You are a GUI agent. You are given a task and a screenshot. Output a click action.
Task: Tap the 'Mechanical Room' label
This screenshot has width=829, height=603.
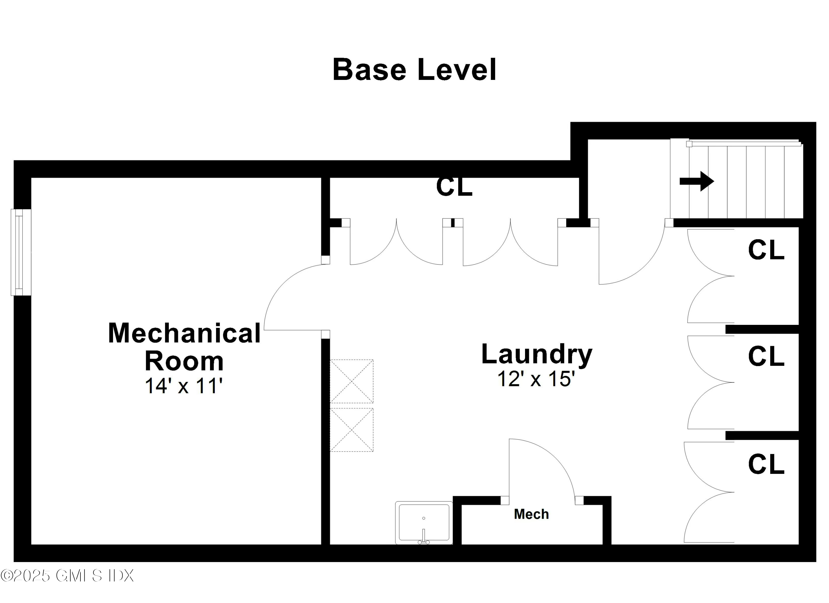click(x=184, y=347)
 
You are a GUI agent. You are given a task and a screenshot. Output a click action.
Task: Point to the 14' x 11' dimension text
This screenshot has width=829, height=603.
click(x=184, y=386)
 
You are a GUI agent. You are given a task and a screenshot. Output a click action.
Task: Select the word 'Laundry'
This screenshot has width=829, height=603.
click(x=537, y=355)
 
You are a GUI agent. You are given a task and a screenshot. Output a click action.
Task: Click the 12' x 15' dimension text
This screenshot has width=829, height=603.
click(x=536, y=379)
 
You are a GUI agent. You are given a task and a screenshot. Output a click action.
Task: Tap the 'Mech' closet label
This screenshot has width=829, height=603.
click(x=531, y=514)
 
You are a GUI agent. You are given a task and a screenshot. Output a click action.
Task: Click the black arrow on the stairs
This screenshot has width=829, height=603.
click(x=696, y=181)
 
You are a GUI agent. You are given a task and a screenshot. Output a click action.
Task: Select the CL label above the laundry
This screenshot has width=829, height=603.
click(x=454, y=187)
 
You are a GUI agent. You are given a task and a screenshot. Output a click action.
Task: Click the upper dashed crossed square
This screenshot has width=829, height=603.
click(x=351, y=381)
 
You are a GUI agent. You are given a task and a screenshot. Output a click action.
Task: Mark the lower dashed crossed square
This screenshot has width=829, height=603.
click(x=351, y=430)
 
